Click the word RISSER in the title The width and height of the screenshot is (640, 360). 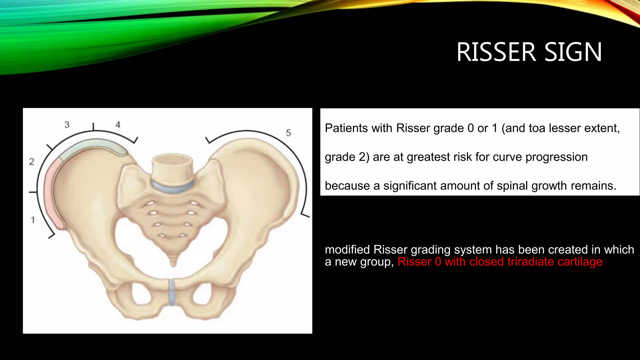point(496,52)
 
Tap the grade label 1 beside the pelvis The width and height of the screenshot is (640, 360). point(32,220)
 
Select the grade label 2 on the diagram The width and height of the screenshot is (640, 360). point(32,162)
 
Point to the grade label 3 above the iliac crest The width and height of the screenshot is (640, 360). point(67,125)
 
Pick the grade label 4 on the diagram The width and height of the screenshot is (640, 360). point(118,125)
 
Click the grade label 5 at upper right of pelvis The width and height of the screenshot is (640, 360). point(288,133)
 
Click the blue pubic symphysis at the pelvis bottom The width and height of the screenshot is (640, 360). point(172,292)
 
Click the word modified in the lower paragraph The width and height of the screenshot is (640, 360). point(347,250)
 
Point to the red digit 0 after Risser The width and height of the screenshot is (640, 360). point(438,262)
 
